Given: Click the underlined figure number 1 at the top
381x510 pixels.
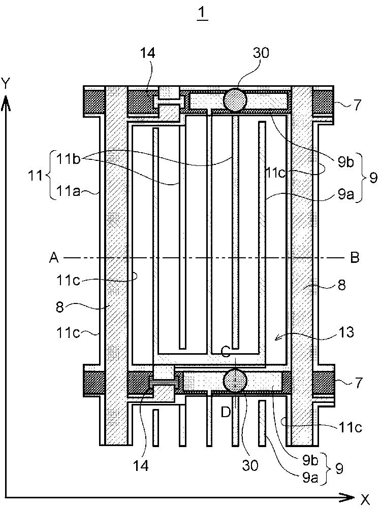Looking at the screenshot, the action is coord(202,13).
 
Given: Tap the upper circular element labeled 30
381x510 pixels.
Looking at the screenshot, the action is coord(235,100).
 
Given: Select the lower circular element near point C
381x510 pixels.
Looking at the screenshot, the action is coord(235,380).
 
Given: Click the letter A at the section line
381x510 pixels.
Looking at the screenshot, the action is coord(54,258).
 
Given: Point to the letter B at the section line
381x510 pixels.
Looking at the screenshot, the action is coord(355,258).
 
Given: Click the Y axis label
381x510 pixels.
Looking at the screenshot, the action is coord(6,84).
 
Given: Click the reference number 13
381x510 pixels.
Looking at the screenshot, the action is coord(345,332).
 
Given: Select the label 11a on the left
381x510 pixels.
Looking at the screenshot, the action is coord(69,192).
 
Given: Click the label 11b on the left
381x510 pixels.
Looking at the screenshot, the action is coord(69,159).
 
